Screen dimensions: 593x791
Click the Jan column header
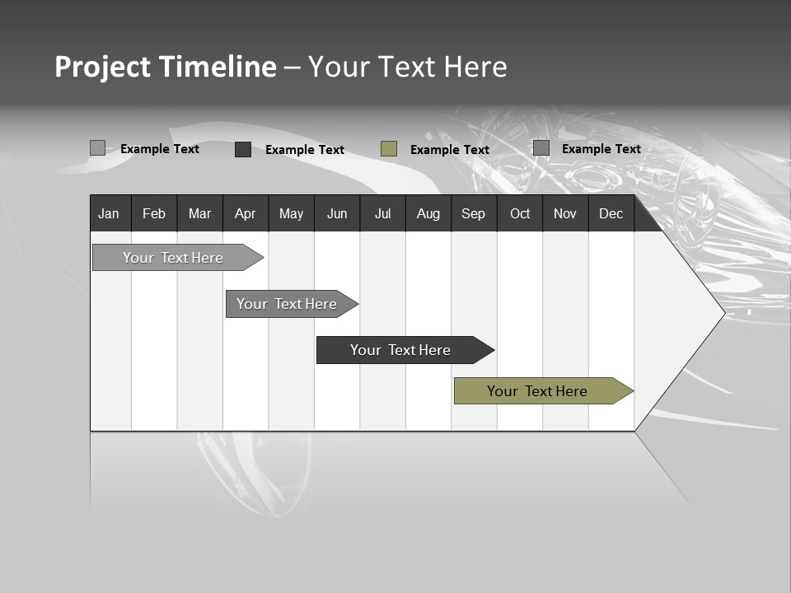[x=109, y=213]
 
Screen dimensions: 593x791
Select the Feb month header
[x=154, y=213]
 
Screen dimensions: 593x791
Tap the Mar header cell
[x=199, y=213]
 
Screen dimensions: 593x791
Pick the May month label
[x=291, y=213]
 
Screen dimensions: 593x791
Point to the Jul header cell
[x=382, y=213]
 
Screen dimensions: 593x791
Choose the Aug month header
[x=428, y=213]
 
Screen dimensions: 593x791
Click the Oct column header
[x=520, y=213]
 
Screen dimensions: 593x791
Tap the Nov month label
[x=565, y=213]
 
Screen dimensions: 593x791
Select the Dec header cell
[x=611, y=213]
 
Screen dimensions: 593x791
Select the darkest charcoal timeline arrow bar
[x=401, y=350]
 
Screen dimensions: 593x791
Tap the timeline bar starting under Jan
[x=174, y=258]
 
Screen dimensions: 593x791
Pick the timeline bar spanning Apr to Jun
[x=288, y=304]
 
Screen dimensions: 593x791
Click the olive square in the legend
[x=389, y=148]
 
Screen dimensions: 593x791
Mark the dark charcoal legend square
[x=243, y=149]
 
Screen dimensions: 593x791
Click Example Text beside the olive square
[x=449, y=149]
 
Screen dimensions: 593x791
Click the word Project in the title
[x=101, y=67]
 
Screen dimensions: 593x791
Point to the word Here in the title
[x=475, y=67]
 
